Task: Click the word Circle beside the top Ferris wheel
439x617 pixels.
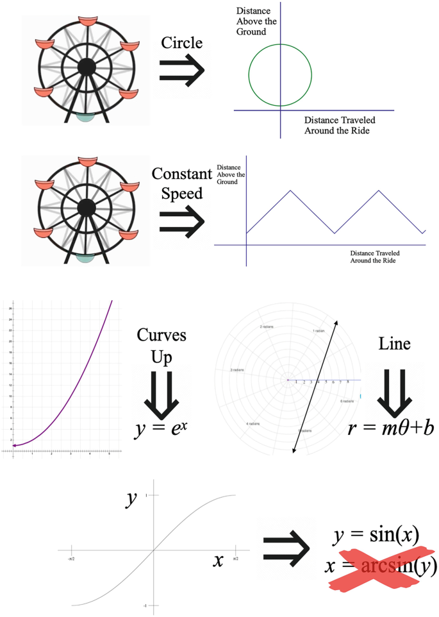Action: click(x=181, y=43)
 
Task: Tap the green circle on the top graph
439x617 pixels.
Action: click(x=249, y=74)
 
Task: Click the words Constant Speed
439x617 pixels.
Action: click(x=181, y=183)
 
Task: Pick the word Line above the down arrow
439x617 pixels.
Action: click(x=395, y=344)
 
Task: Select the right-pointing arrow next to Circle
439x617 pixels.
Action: click(x=182, y=69)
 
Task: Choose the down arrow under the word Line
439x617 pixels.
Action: click(x=393, y=391)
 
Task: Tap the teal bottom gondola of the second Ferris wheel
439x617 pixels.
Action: click(x=85, y=258)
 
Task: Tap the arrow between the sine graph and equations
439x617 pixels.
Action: click(x=286, y=548)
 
